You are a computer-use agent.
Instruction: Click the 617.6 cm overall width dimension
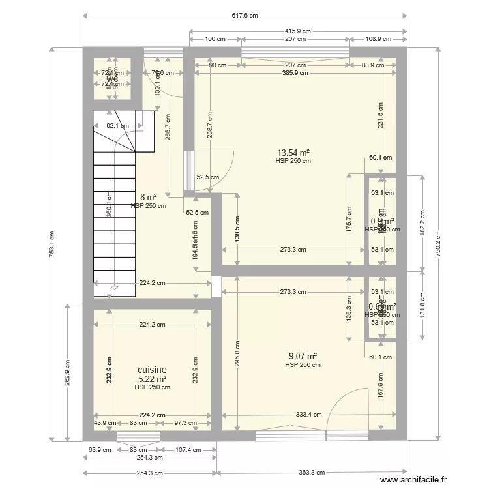243,16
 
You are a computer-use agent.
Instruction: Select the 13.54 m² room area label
293,153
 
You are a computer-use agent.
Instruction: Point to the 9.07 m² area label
303,356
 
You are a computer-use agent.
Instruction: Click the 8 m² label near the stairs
148,197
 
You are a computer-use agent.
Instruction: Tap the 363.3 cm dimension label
314,474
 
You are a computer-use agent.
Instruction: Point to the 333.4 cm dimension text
308,415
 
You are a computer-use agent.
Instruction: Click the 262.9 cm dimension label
67,373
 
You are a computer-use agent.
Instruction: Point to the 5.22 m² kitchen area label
152,378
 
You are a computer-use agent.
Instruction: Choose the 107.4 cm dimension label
188,450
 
